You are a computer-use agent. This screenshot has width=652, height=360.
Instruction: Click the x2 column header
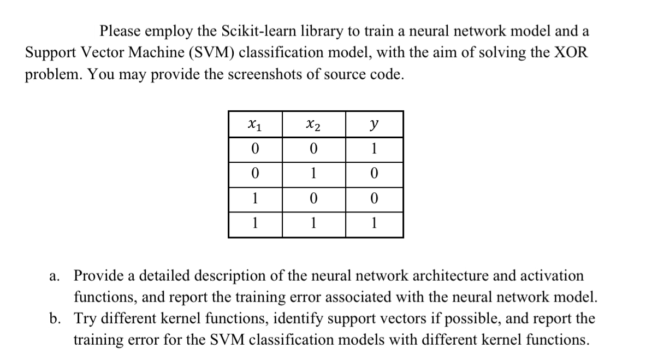pos(313,125)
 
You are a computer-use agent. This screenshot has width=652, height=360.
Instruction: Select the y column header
pos(375,125)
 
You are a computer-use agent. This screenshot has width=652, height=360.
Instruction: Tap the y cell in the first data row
pos(375,149)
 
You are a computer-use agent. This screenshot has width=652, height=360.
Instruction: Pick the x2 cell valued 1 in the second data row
pos(313,174)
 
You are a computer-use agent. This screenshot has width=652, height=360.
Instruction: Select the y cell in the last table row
pos(375,223)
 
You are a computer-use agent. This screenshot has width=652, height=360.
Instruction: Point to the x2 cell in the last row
pos(313,223)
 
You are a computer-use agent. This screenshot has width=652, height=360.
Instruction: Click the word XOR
pos(570,52)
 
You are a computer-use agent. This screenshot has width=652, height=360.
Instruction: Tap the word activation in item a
pos(547,276)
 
